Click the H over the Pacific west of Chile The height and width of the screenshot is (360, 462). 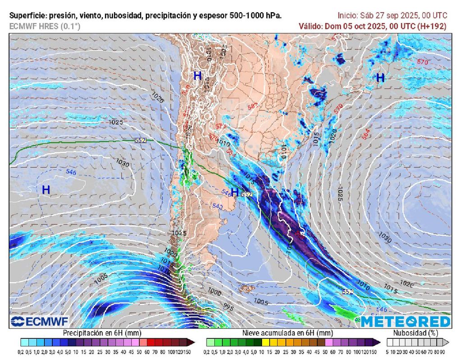point(46,190)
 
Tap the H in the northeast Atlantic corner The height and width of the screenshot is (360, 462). point(380,78)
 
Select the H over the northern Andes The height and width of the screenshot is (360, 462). point(197,76)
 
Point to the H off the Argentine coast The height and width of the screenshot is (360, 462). point(234,193)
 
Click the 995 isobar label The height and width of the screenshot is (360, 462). point(229,308)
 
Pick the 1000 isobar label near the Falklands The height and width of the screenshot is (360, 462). point(214,293)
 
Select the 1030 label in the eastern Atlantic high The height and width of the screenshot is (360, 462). point(385,235)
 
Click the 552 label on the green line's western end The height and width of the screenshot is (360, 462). point(140,140)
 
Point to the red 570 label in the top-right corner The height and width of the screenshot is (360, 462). point(422,62)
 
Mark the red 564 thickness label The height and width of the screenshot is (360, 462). point(366,134)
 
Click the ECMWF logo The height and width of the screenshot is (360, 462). point(40,321)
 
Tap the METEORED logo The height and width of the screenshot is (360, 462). point(405,321)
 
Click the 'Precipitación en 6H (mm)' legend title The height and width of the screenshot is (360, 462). point(94,333)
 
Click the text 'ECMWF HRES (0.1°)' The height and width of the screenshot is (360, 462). point(45,26)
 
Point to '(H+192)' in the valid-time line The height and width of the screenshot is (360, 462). point(432,26)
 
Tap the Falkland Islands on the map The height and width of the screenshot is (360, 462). point(246,288)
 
